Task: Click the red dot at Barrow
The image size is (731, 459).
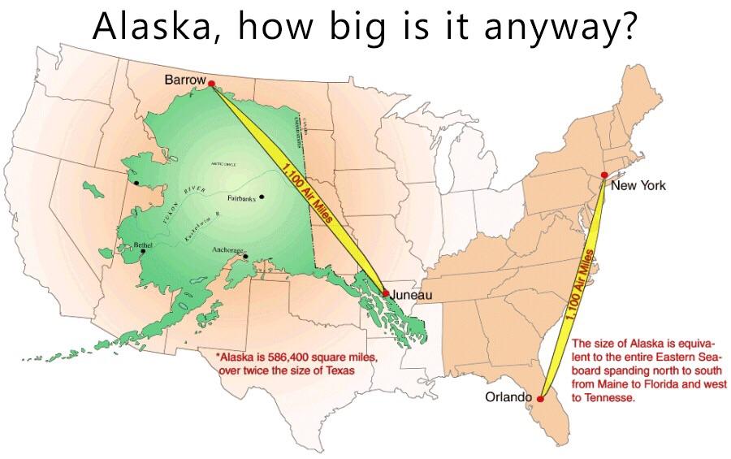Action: (211, 83)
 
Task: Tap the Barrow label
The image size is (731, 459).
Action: (184, 80)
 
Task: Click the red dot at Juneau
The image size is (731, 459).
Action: (386, 293)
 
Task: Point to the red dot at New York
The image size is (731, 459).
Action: (604, 175)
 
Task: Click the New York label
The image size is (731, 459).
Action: (638, 186)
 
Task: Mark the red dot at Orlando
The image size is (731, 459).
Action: (541, 399)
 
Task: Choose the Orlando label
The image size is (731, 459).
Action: (508, 397)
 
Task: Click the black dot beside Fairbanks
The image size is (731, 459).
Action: (262, 197)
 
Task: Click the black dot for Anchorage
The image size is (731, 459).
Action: (245, 254)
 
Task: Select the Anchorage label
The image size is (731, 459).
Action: (227, 249)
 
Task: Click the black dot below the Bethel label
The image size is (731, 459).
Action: (143, 251)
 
